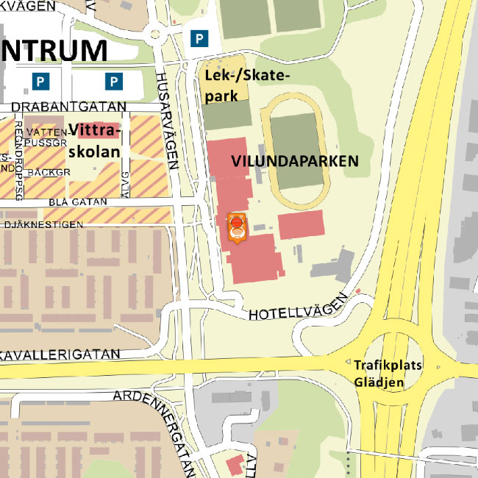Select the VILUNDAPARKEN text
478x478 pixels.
point(294,161)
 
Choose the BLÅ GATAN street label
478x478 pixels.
point(77,202)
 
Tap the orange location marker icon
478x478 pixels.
point(237,228)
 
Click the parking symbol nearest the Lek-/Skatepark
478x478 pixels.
point(198,38)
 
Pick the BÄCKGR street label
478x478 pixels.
point(47,172)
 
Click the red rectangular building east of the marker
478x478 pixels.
point(300,224)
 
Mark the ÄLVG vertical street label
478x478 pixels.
point(124,180)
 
